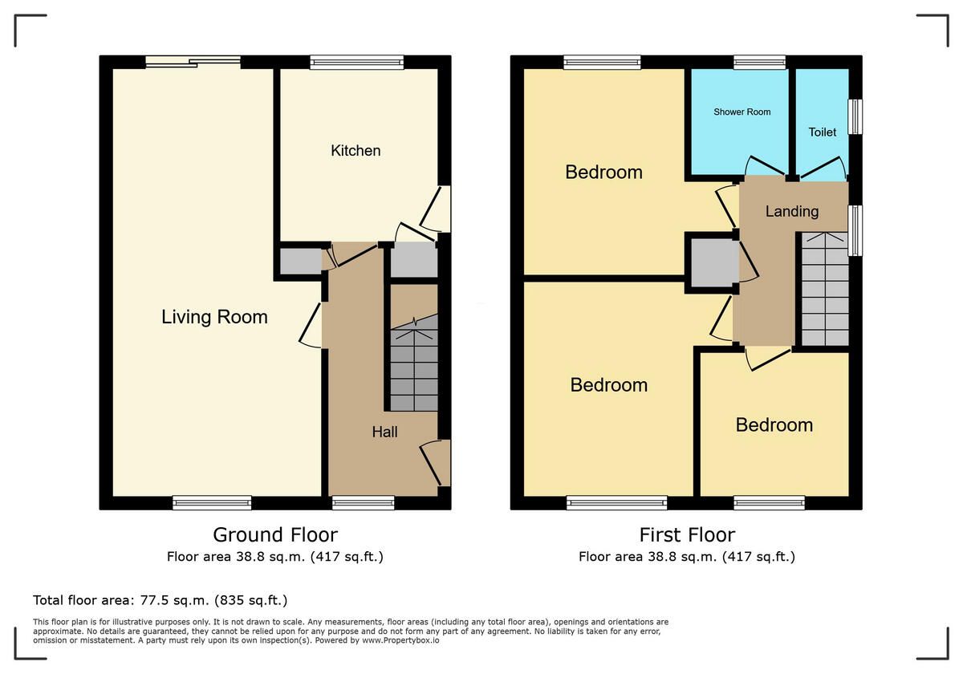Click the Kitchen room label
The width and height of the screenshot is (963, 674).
click(356, 151)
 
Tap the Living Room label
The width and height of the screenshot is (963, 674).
click(214, 317)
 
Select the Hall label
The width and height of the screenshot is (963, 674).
click(384, 432)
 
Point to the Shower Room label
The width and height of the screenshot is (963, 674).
click(742, 112)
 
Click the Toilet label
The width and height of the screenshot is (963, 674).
click(823, 132)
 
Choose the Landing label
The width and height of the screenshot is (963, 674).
click(792, 212)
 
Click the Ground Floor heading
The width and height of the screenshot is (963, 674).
click(275, 535)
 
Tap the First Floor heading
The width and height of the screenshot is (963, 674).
click(687, 535)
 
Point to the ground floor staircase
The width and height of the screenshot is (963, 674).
click(414, 363)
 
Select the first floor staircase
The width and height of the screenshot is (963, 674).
click(826, 289)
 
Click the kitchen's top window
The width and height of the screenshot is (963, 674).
click(357, 63)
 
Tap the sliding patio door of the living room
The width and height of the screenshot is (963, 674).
click(193, 62)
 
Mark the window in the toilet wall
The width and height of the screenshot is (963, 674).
click(855, 117)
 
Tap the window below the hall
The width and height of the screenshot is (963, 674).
click(364, 503)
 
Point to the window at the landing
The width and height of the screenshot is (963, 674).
click(855, 230)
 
